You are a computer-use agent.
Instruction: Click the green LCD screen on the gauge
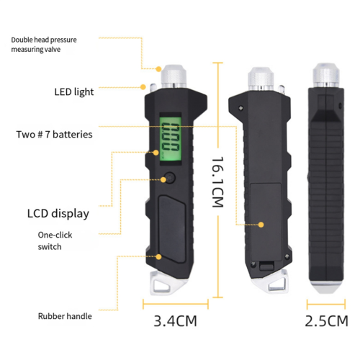171,139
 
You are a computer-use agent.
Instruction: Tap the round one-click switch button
170,178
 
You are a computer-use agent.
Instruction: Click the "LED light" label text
74,92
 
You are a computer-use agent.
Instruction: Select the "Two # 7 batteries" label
54,135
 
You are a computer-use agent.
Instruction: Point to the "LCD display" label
58,214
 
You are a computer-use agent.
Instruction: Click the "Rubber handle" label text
65,316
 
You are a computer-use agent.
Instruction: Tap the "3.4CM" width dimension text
175,321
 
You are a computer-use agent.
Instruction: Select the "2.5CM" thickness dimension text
326,321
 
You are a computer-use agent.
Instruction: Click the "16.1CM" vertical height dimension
218,182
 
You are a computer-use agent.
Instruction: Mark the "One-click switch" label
55,240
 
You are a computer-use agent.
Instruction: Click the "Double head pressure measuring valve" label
44,45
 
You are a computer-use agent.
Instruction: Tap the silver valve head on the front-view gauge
174,76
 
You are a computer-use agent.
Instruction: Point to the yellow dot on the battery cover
261,225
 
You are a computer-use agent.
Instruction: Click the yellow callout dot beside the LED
143,87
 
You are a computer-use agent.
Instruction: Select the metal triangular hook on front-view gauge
166,283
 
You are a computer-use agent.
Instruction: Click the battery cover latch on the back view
266,266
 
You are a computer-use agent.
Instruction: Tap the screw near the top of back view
240,108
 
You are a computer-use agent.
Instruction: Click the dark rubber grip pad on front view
171,229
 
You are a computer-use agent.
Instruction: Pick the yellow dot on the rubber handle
158,257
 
